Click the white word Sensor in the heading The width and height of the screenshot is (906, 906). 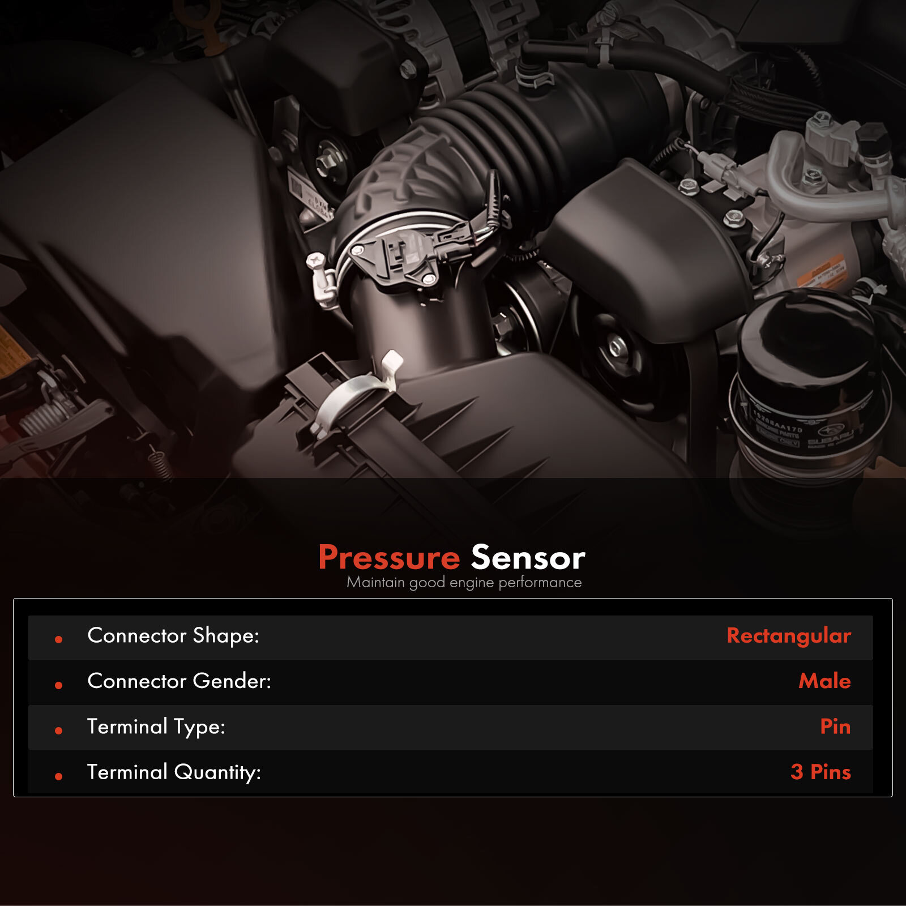528,557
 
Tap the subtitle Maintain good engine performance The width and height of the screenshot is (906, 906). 464,582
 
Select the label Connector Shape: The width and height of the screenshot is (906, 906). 173,635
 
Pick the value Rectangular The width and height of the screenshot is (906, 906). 788,636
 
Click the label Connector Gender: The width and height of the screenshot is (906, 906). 179,681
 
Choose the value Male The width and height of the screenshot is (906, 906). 824,681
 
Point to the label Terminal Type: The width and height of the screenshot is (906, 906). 156,726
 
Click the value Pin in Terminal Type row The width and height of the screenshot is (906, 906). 835,726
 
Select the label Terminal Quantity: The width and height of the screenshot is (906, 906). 173,772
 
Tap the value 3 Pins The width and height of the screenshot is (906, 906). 820,772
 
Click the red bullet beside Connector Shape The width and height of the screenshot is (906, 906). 58,639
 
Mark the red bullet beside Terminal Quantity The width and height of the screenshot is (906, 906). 58,776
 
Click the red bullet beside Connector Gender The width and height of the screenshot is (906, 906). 58,685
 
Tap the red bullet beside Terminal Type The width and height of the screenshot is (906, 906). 58,730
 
